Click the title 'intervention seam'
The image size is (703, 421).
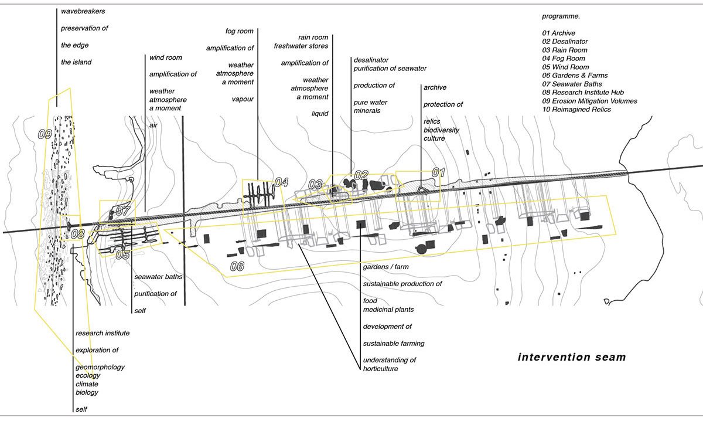click(572, 357)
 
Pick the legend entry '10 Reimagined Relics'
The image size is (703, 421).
click(576, 110)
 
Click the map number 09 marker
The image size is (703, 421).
click(45, 134)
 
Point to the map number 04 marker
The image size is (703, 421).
click(281, 182)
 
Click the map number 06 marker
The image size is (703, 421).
click(237, 267)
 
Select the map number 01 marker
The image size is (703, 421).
click(439, 172)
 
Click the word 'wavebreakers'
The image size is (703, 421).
click(83, 11)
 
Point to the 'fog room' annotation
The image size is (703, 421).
click(239, 31)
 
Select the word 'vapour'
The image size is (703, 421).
click(243, 99)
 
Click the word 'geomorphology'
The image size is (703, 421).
click(100, 367)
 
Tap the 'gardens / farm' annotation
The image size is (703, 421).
click(385, 267)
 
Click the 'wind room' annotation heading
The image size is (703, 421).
click(165, 57)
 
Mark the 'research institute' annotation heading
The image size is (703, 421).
click(103, 333)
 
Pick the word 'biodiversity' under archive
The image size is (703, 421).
click(441, 130)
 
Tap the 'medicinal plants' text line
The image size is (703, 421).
click(388, 310)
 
